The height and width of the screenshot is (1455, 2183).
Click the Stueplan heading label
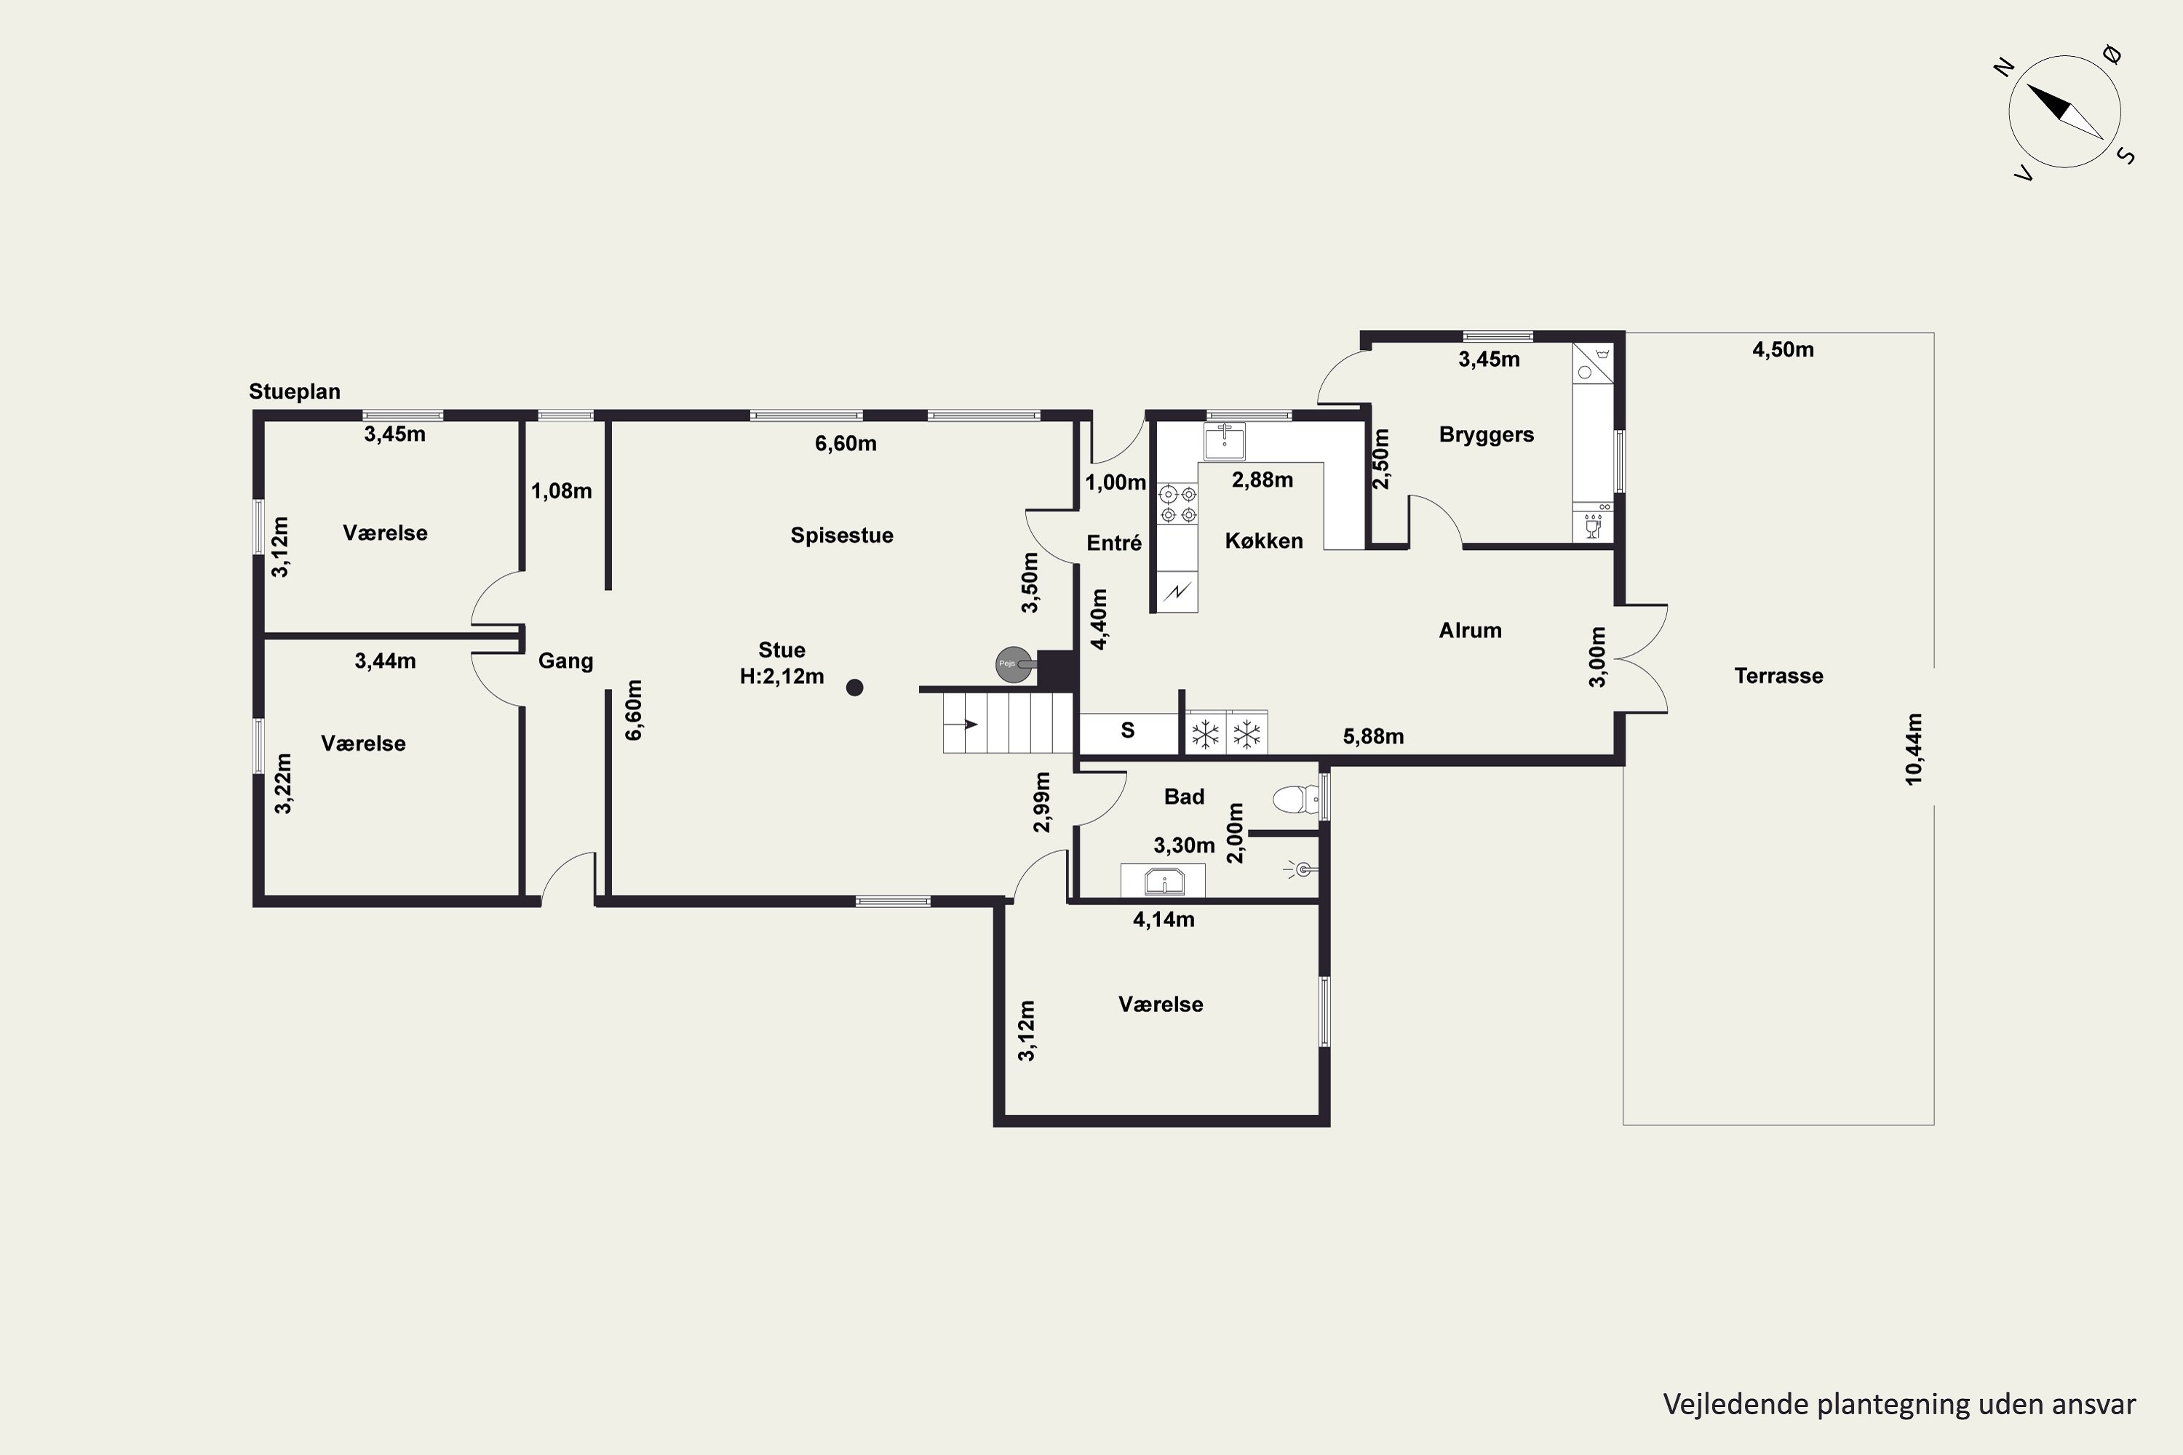tap(294, 391)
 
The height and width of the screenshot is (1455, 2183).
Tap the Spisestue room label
tap(842, 535)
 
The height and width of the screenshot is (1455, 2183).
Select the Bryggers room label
tap(1486, 435)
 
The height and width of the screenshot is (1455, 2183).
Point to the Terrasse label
tap(1778, 676)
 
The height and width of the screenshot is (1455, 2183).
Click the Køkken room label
tap(1263, 541)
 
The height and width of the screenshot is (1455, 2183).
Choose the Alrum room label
tap(1470, 631)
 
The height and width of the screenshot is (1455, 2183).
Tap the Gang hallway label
tap(565, 661)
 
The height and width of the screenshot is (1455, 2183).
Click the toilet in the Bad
tap(1297, 798)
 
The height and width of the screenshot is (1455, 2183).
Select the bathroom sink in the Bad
tap(1163, 880)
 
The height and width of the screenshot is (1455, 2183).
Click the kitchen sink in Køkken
tap(1225, 441)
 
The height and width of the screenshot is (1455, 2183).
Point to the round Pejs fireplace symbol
tap(1014, 664)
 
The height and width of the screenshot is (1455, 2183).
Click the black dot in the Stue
tap(855, 687)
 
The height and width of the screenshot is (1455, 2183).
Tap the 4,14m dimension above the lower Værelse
tap(1163, 920)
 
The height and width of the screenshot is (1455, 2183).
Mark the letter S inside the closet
tap(1128, 730)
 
